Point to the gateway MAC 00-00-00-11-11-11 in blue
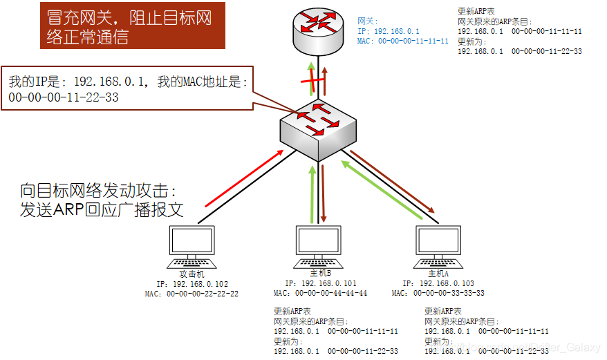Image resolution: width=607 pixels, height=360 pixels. coord(403,41)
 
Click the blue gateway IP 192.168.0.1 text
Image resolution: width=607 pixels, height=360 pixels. coord(389,31)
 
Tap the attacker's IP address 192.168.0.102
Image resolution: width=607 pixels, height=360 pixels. coord(192,284)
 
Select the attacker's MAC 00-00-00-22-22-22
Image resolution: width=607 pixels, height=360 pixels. coord(192,294)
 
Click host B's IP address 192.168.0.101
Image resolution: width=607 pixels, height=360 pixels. coord(321,283)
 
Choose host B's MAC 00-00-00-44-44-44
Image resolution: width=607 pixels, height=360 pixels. coord(321,293)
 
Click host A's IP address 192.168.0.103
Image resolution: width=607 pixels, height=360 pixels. coord(438,283)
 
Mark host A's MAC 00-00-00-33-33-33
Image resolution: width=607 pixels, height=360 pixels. coord(438,293)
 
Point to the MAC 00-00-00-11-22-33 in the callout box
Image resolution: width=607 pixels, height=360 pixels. coord(64,97)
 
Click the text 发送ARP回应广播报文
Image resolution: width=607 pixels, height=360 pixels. coord(102,209)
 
